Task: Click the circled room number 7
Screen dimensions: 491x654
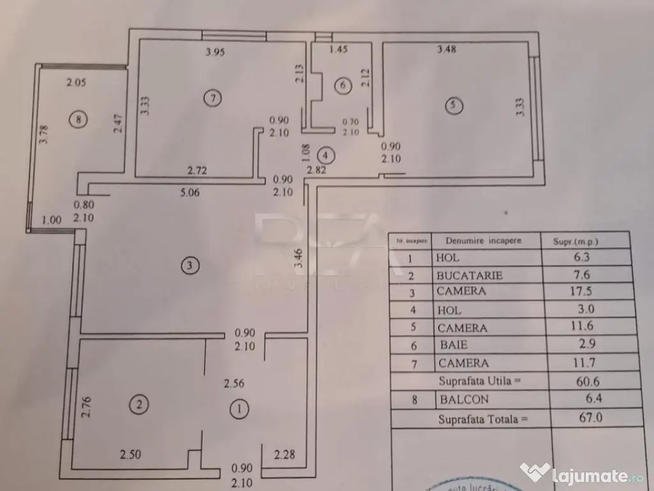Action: (x=212, y=98)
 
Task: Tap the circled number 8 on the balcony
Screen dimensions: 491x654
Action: (x=78, y=119)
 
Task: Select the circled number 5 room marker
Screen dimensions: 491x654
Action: (x=453, y=106)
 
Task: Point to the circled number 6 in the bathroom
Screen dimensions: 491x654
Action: (x=344, y=84)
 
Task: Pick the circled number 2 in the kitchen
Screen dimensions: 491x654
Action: (x=140, y=403)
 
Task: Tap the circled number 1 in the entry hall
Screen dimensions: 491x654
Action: (x=238, y=407)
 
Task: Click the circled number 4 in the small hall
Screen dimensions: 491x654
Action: (x=326, y=154)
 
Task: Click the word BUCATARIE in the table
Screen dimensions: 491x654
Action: (x=469, y=276)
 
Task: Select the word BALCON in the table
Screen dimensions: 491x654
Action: (x=464, y=400)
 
